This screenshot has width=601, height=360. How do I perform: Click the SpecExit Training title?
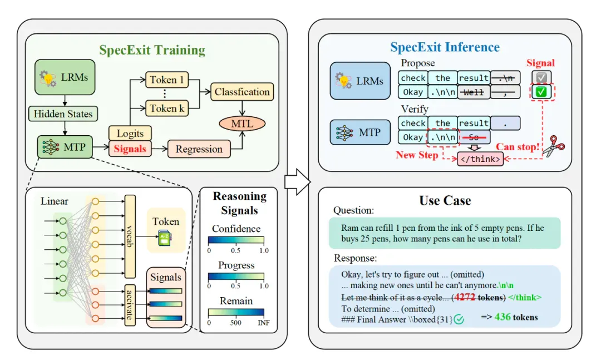pyautogui.click(x=152, y=50)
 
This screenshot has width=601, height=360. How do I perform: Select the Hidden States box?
pyautogui.click(x=63, y=114)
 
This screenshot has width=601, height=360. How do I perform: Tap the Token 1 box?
pyautogui.click(x=167, y=80)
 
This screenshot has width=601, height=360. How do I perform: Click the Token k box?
pyautogui.click(x=167, y=109)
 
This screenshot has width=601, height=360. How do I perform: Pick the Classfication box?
pyautogui.click(x=242, y=92)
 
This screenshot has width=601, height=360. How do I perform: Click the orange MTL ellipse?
pyautogui.click(x=242, y=124)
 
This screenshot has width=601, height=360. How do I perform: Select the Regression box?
pyautogui.click(x=199, y=149)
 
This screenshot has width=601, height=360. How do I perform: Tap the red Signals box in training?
pyautogui.click(x=130, y=149)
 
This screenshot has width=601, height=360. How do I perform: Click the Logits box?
pyautogui.click(x=130, y=134)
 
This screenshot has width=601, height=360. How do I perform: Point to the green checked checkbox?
pyautogui.click(x=541, y=92)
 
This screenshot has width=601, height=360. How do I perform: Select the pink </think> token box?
pyautogui.click(x=480, y=159)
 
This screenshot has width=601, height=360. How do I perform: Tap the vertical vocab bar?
pyautogui.click(x=130, y=236)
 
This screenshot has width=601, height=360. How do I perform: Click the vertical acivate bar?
pyautogui.click(x=130, y=305)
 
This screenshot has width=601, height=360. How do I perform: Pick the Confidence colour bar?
pyautogui.click(x=236, y=240)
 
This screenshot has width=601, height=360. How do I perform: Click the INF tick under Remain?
pyautogui.click(x=264, y=323)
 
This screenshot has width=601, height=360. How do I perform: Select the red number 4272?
pyautogui.click(x=465, y=297)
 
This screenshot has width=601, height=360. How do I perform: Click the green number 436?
pyautogui.click(x=503, y=317)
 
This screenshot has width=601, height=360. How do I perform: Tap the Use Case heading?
pyautogui.click(x=445, y=200)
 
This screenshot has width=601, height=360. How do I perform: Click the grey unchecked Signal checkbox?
pyautogui.click(x=541, y=78)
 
